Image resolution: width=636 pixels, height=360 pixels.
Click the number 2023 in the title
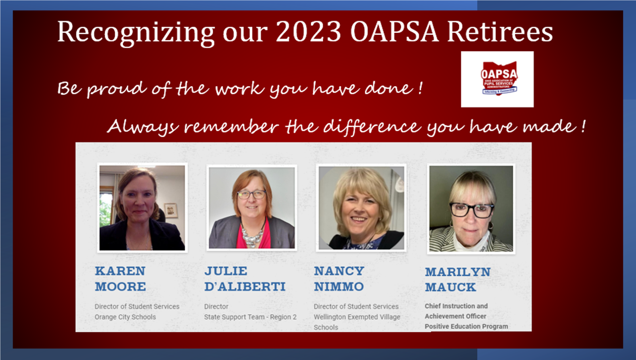308,31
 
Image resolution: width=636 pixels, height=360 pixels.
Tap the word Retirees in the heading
500,31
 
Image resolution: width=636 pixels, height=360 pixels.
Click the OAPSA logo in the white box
499,79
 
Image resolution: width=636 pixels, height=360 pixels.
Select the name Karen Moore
120,279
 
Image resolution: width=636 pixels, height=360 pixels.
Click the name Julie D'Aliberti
245,279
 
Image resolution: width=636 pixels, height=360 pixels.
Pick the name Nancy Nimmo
339,279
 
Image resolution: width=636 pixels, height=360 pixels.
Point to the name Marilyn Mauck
458,279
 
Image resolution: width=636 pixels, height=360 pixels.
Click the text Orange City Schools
125,317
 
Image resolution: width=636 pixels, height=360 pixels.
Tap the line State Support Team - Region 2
250,317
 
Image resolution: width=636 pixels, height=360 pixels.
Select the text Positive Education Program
466,326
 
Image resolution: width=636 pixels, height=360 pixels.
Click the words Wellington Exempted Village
357,317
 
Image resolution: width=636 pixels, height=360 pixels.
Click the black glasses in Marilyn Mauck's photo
472,210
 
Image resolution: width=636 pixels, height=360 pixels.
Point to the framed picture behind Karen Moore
171,210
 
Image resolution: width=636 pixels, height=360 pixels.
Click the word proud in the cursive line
117,89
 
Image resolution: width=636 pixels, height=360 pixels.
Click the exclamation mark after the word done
421,89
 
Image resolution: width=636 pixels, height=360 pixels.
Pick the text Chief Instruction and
456,306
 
